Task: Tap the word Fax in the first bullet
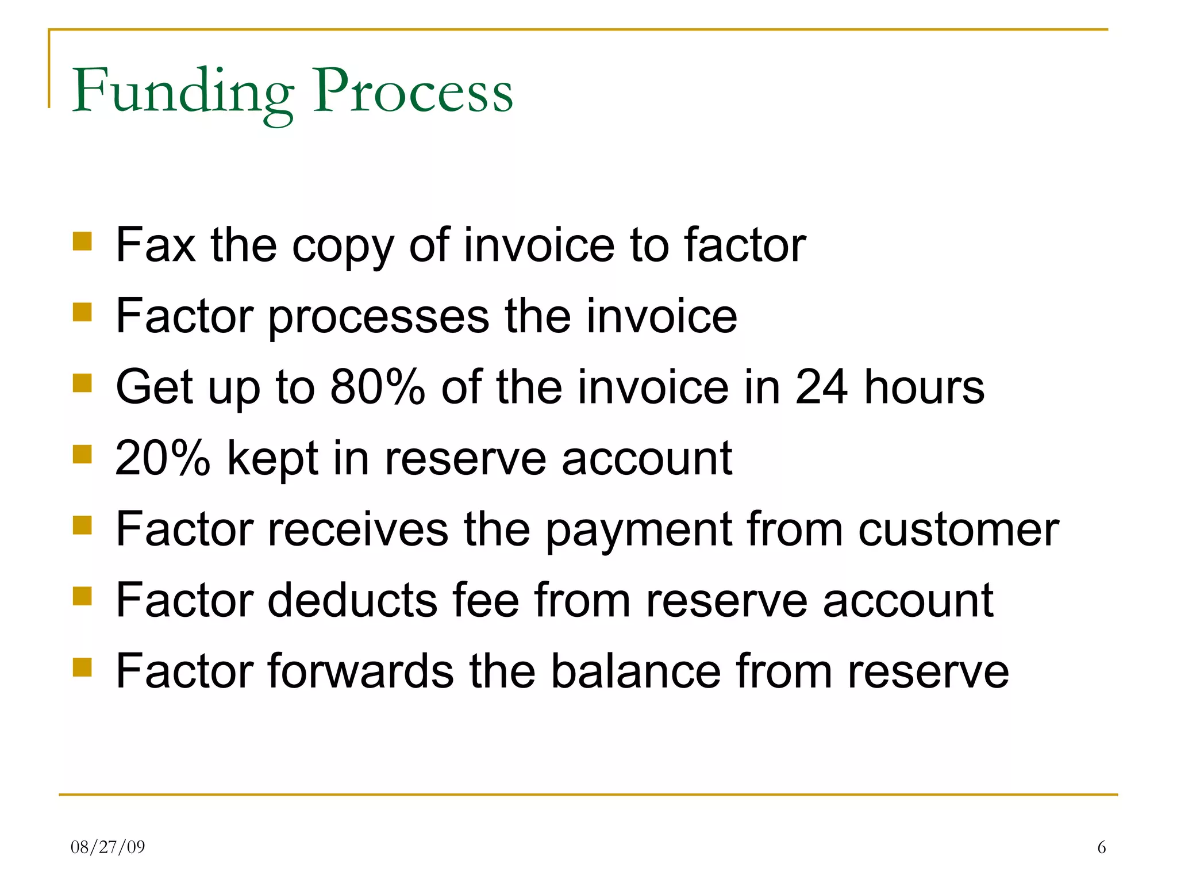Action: pyautogui.click(x=155, y=245)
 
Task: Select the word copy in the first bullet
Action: pyautogui.click(x=343, y=247)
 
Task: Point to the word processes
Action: pyautogui.click(x=378, y=317)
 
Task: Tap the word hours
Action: pyautogui.click(x=924, y=387)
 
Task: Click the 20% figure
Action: pyautogui.click(x=163, y=458)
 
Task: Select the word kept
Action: pyautogui.click(x=272, y=459)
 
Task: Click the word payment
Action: pyautogui.click(x=638, y=531)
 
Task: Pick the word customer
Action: pyautogui.click(x=959, y=530)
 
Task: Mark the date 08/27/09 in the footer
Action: pyautogui.click(x=108, y=847)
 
